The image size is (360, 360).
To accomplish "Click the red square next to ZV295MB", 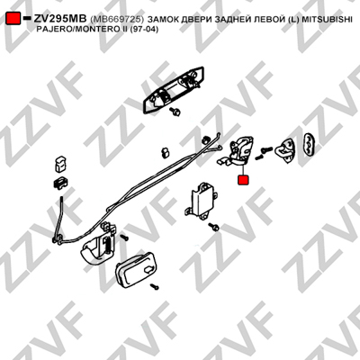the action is [13, 19].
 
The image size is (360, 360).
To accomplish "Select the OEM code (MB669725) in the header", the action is [117, 19].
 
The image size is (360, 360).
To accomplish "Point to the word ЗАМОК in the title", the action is [162, 19].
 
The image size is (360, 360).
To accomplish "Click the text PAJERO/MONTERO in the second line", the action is [71, 30].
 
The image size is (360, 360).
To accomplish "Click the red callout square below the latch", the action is [243, 180].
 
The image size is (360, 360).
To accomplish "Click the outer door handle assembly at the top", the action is [175, 90].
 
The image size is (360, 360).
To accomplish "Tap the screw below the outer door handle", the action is [175, 112].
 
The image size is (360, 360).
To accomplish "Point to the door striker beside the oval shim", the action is [285, 151].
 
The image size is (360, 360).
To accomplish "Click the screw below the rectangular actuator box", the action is [214, 227].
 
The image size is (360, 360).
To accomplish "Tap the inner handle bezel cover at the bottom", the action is [136, 270].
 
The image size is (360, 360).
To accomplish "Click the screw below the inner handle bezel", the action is [155, 287].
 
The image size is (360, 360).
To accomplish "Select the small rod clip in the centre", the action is [166, 152].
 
